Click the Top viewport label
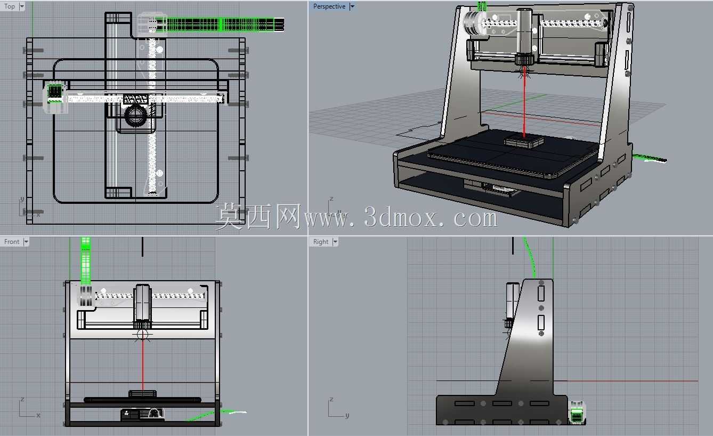pos(10,6)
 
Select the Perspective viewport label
pos(329,6)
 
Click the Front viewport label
pos(12,242)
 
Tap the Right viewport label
pos(321,242)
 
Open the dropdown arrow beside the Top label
pos(22,6)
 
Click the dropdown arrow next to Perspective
pos(352,6)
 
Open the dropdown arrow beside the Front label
pos(26,242)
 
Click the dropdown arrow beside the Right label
pos(335,242)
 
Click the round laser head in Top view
pos(136,115)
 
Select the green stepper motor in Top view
pos(55,92)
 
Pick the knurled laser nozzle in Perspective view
pos(524,60)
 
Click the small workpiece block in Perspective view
pos(524,141)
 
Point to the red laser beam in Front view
pos(143,364)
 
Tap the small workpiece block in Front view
pos(142,394)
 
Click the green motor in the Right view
pos(577,413)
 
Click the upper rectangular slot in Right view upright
pos(541,293)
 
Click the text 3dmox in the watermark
pos(400,218)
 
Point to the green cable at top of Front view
pos(86,260)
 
